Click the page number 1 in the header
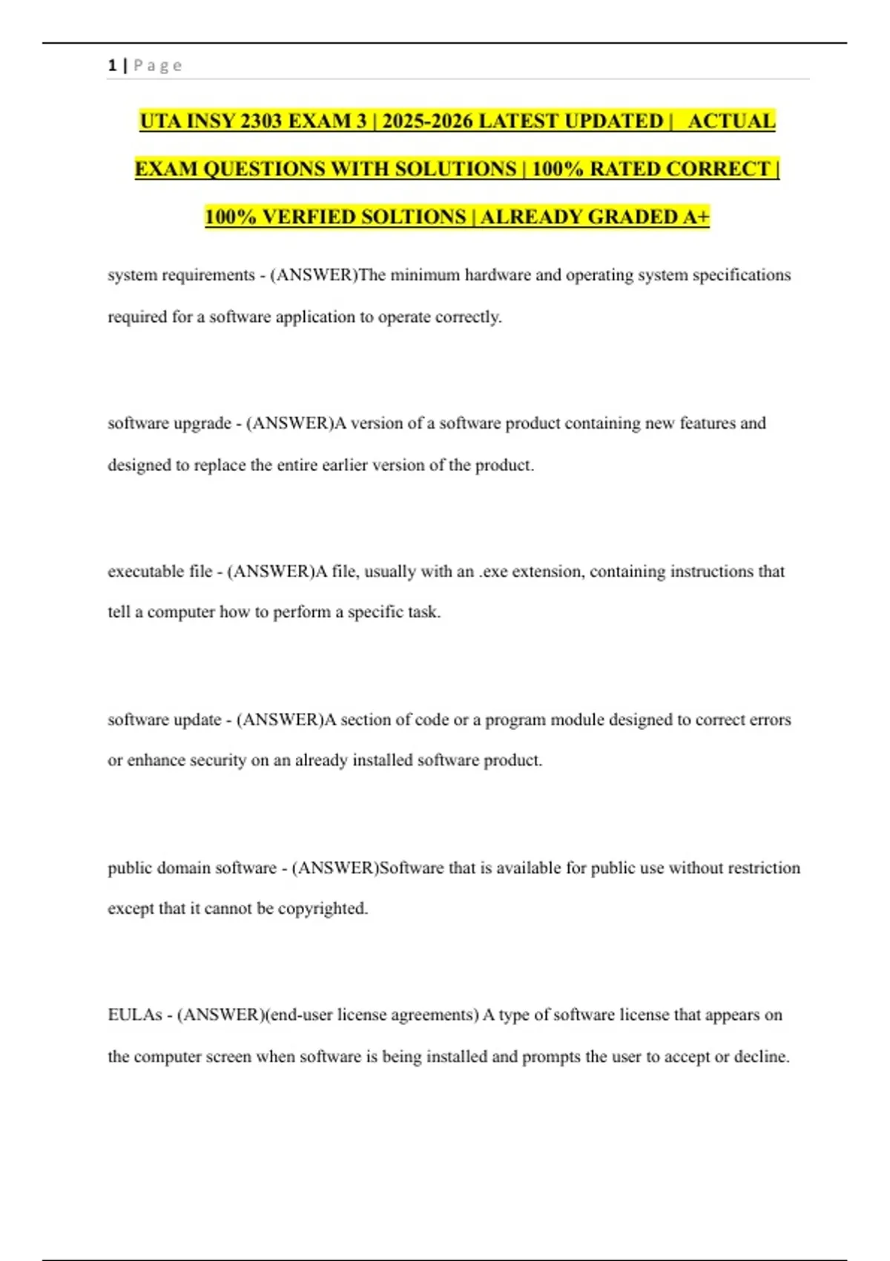tap(112, 65)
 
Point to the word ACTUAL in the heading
tap(731, 121)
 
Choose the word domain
tap(184, 868)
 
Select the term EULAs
tap(134, 1015)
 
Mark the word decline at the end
tap(761, 1056)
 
